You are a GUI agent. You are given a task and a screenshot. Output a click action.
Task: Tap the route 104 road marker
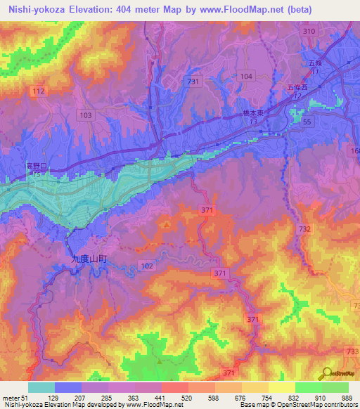click(245, 76)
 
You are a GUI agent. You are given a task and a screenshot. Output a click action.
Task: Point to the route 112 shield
click(39, 92)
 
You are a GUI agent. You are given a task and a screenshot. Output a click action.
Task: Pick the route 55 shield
click(306, 122)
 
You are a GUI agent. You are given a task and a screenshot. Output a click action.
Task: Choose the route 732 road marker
click(304, 230)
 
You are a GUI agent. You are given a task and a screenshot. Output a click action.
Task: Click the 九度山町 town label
click(89, 259)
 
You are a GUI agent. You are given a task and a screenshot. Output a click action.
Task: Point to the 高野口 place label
click(35, 165)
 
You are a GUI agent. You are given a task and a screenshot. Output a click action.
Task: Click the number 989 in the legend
click(347, 398)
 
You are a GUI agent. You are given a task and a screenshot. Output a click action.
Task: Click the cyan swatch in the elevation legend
click(41, 387)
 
